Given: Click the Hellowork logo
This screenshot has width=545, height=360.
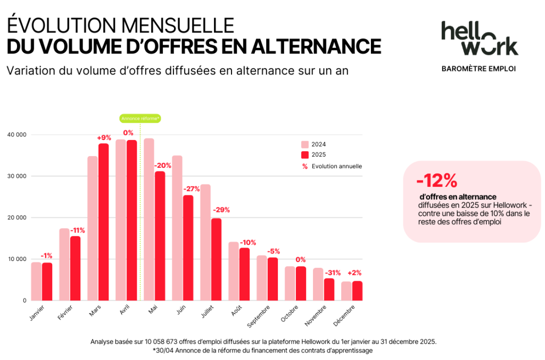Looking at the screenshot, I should (x=479, y=38).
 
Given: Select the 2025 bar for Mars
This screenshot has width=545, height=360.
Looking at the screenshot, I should (x=103, y=222).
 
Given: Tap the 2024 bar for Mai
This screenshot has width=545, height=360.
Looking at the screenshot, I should (x=148, y=219).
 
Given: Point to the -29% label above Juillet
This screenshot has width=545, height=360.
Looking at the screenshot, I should (x=221, y=210).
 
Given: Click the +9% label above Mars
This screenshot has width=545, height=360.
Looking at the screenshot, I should (x=103, y=137).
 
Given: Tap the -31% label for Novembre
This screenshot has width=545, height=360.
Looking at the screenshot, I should (x=333, y=273).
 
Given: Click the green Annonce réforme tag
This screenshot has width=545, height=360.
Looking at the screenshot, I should (x=140, y=118).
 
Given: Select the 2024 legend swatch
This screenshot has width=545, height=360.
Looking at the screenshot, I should (x=305, y=144).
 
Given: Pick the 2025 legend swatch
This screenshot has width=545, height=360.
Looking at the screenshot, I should (x=305, y=155).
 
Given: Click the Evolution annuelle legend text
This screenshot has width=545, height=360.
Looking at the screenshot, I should (x=337, y=166).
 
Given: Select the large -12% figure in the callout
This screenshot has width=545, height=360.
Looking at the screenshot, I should (x=436, y=181).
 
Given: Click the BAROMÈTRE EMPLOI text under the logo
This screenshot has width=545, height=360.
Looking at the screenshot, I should (x=479, y=69).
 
